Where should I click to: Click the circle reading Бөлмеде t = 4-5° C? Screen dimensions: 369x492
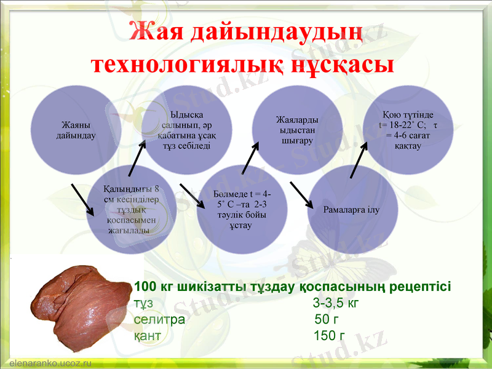pos(239,209)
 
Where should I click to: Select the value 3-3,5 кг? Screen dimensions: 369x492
pos(335,303)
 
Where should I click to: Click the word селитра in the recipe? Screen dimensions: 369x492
pos(159,320)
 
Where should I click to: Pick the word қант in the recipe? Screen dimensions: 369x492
pos(148,336)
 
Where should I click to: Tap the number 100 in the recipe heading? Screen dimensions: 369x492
pos(145,287)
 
